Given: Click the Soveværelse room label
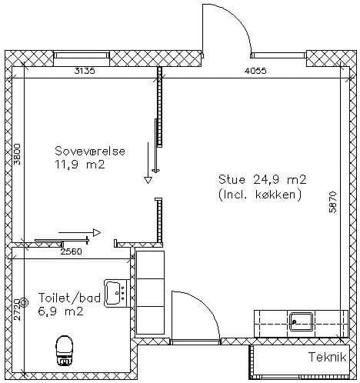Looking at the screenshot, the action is [90, 151].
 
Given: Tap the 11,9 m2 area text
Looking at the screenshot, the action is [80, 165].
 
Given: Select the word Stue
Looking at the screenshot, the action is [232, 179].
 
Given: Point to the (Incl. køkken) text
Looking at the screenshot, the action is [260, 195].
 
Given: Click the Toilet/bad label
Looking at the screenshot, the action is [69, 298].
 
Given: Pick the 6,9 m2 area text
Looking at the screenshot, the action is [61, 311].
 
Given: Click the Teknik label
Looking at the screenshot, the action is [327, 357].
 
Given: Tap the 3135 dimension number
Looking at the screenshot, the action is [85, 71].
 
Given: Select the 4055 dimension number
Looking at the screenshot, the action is [255, 71].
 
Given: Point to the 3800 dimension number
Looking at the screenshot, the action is [17, 154].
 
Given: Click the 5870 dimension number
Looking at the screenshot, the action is [333, 202].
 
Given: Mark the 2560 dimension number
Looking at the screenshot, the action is [72, 251].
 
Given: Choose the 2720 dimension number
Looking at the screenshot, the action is [17, 309].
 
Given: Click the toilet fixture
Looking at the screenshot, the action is [64, 350].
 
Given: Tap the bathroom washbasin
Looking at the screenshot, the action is [115, 294].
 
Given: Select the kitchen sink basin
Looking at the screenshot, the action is [302, 322].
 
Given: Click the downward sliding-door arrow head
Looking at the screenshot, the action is [148, 180].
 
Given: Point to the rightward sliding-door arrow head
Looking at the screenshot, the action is [97, 232].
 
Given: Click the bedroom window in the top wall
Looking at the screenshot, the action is [82, 55].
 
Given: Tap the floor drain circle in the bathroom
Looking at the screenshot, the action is [24, 303].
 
